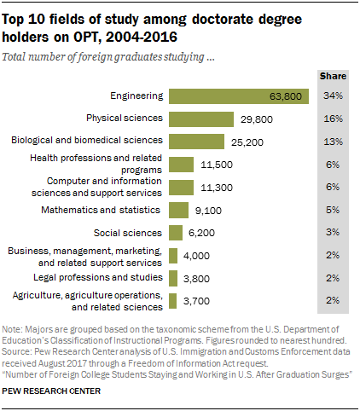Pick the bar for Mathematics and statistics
(178, 210)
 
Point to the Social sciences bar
(176, 232)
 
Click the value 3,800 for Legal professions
(198, 277)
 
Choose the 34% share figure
(333, 96)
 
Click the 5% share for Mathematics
(333, 210)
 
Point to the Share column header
(333, 76)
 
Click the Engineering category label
(136, 96)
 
